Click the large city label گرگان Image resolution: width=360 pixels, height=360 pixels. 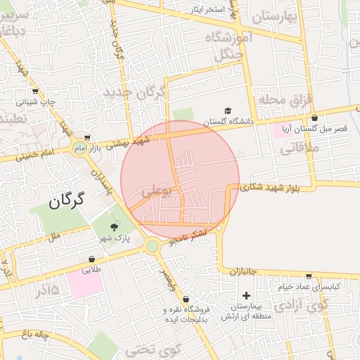66,201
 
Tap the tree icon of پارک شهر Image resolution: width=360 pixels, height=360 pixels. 114,226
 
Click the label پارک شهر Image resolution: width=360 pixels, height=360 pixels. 114,238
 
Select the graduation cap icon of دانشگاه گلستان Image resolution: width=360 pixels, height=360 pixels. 227,111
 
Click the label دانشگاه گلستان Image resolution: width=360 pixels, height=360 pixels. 226,122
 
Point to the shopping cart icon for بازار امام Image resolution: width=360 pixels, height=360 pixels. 87,137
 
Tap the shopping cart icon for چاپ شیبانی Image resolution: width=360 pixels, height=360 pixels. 35,91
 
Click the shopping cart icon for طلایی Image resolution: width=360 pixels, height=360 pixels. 92,259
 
